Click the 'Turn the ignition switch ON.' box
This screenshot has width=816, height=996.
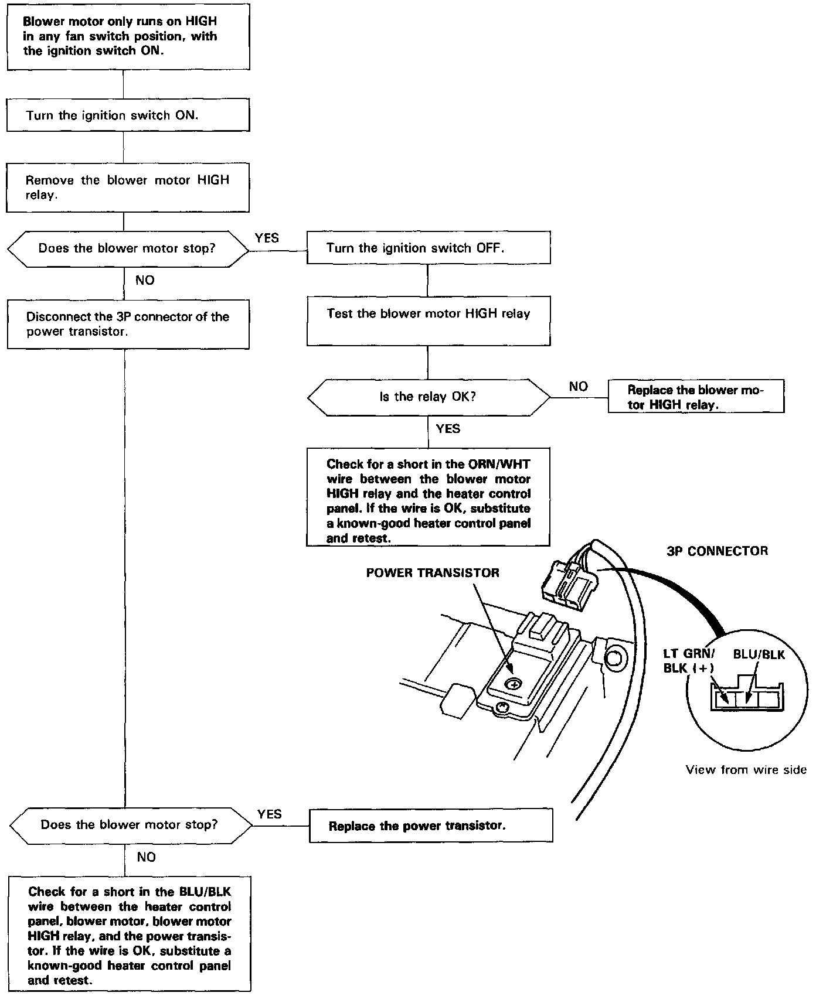[128, 115]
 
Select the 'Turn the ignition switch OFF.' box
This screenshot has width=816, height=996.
[429, 248]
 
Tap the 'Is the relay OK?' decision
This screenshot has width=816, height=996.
[429, 397]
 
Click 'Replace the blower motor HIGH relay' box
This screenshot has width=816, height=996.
[696, 397]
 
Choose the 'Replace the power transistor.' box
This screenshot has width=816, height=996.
[431, 826]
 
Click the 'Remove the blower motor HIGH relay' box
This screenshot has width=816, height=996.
[128, 187]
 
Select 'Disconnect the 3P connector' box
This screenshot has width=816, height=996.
[128, 324]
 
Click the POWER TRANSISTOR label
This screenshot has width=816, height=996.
[433, 572]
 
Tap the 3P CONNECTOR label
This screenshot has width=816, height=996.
[717, 551]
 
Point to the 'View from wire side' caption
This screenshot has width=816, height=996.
[746, 770]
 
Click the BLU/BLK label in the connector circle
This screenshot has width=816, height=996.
[759, 654]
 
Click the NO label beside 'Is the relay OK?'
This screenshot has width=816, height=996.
[578, 387]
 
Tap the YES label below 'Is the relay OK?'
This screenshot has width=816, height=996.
[448, 429]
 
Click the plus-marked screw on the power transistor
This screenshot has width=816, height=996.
[514, 684]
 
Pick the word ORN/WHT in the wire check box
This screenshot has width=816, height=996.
[499, 464]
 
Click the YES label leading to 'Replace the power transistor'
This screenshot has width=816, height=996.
[269, 814]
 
